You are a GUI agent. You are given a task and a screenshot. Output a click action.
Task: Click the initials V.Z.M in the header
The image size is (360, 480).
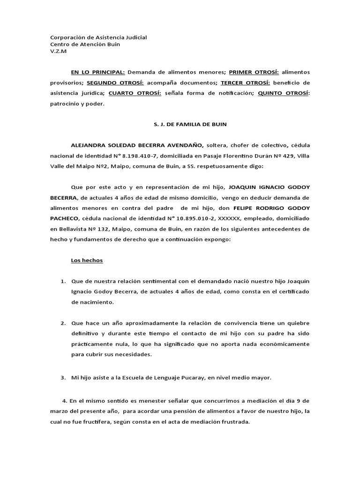(x=58, y=52)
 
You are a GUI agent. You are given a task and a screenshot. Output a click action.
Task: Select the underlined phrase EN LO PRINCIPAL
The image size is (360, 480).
(x=97, y=72)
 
